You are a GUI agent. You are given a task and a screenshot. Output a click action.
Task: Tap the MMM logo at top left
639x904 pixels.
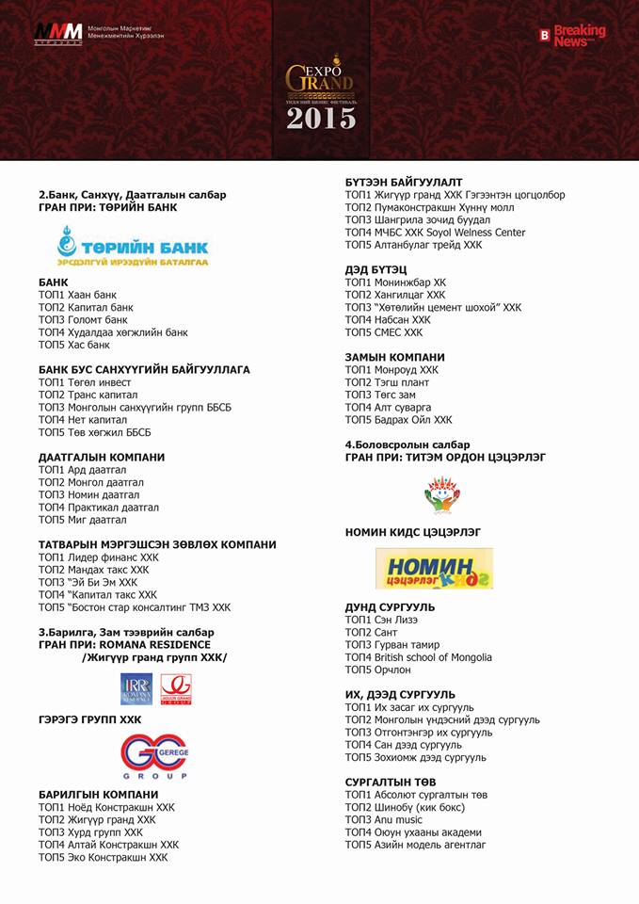coord(58,34)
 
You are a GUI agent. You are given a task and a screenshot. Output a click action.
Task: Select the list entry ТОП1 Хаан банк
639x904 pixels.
coord(77,295)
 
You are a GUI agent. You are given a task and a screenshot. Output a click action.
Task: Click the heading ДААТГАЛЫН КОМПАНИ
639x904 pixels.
coord(102,457)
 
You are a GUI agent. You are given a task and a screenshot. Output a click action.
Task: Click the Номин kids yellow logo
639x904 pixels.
coord(421,568)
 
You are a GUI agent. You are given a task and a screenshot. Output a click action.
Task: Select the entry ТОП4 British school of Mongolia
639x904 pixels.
coord(418,657)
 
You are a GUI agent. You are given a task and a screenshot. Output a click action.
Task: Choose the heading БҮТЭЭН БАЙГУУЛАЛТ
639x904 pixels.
coord(404,182)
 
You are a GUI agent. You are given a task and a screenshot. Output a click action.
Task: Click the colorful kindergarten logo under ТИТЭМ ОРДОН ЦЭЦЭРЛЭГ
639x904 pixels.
coord(441,493)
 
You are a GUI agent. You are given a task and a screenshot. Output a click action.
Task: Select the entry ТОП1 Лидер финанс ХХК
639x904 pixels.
coord(99,557)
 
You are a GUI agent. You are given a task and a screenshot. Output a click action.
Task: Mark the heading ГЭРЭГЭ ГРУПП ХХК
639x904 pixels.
coord(89,719)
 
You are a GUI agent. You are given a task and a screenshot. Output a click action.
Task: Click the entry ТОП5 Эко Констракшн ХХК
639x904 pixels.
coord(103,857)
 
